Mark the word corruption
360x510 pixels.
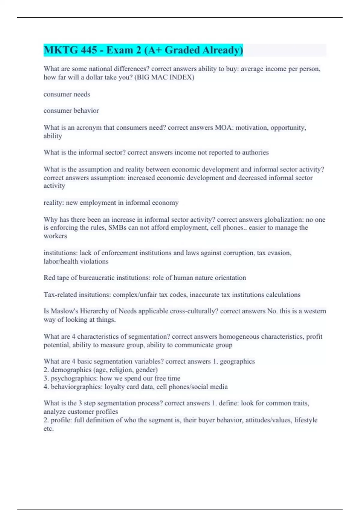(x=235, y=253)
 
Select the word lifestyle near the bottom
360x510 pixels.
(x=305, y=420)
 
